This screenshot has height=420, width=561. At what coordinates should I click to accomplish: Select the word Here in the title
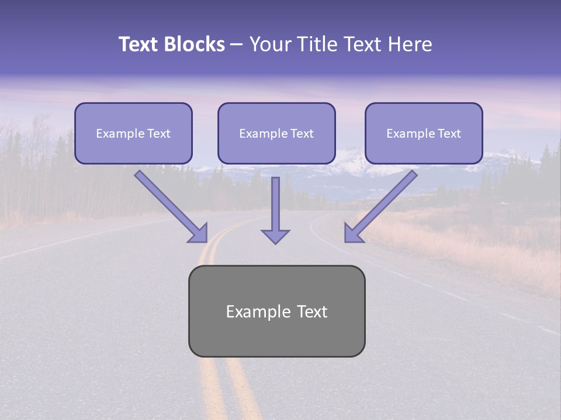click(410, 44)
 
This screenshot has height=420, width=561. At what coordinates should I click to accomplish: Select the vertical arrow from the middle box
click(275, 204)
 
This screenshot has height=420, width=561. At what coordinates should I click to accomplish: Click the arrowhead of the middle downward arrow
click(275, 236)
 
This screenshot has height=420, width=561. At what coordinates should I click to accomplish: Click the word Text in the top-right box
click(449, 134)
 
